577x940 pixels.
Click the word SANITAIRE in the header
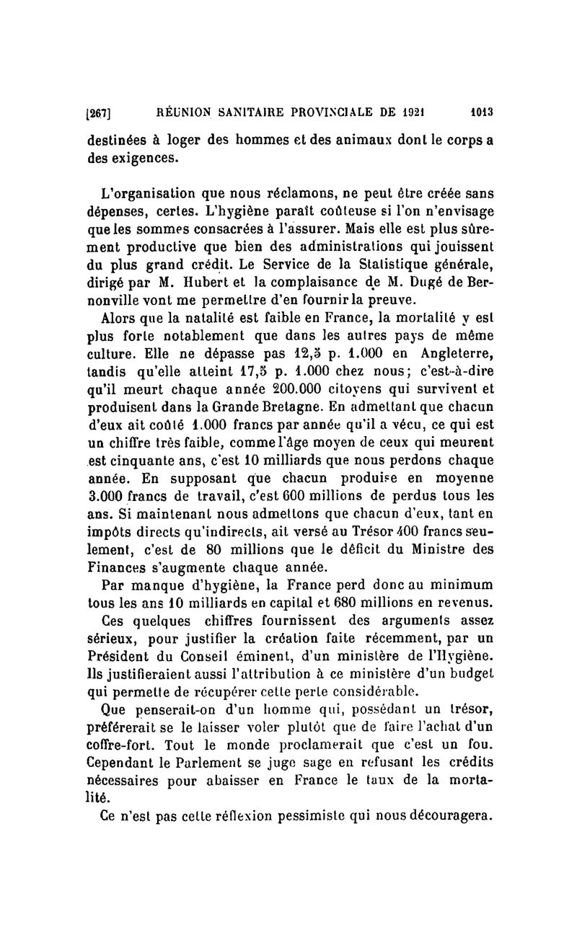252,112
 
